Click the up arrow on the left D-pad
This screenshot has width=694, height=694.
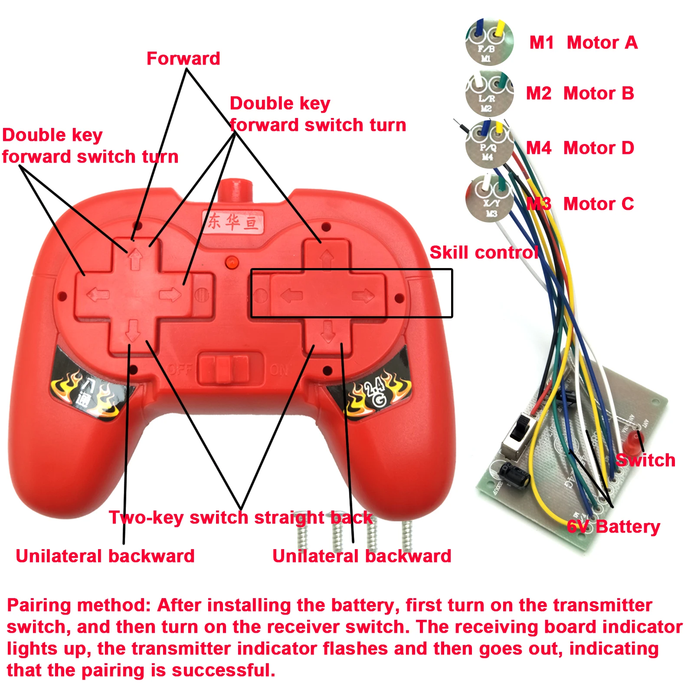click(136, 259)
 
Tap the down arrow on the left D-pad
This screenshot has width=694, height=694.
click(132, 331)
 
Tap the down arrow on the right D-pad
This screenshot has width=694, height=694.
click(328, 332)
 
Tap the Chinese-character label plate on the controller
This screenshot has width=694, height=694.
click(233, 222)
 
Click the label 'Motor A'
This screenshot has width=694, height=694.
click(602, 43)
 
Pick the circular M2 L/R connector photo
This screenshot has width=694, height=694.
click(489, 93)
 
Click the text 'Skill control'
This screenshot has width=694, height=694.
click(484, 252)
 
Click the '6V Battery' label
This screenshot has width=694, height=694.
click(613, 527)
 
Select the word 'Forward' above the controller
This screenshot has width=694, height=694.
click(183, 59)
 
